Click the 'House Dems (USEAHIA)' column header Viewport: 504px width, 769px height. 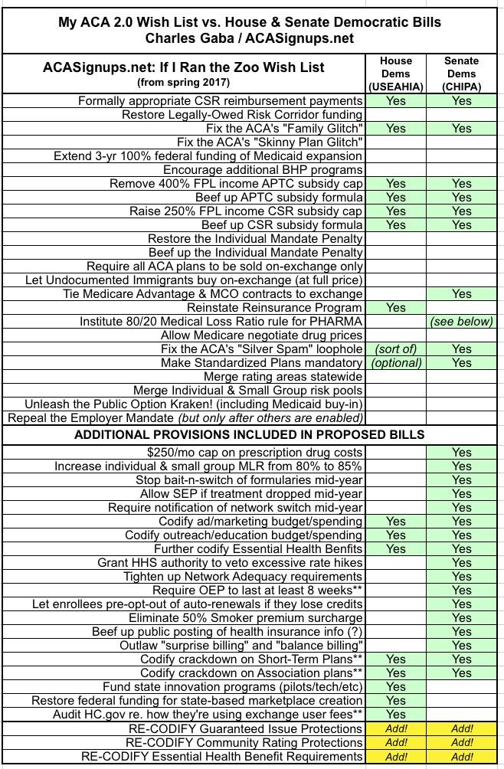[x=396, y=74]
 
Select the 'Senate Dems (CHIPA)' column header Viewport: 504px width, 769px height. [x=462, y=74]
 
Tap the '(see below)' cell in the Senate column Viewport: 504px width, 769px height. [x=462, y=322]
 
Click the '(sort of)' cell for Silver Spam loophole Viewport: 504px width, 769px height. [x=396, y=349]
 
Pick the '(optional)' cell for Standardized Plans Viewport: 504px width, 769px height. [x=396, y=363]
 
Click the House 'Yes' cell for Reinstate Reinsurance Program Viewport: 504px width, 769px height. [x=396, y=308]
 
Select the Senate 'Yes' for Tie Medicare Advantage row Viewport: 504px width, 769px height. [x=462, y=294]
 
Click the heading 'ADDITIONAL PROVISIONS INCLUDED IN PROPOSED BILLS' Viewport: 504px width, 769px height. [x=249, y=435]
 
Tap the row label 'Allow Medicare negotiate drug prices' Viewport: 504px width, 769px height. [x=261, y=335]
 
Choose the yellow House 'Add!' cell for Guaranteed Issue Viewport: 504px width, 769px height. [x=396, y=729]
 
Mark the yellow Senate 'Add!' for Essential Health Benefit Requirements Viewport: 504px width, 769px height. [x=462, y=757]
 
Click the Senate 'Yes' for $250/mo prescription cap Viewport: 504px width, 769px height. [x=462, y=452]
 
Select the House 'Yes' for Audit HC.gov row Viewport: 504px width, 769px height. [x=396, y=714]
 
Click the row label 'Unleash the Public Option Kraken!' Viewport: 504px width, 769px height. [x=194, y=404]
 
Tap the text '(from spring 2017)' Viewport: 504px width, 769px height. [x=183, y=82]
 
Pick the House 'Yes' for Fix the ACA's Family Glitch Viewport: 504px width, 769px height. [x=396, y=129]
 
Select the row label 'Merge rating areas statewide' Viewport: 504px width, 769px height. [x=283, y=377]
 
